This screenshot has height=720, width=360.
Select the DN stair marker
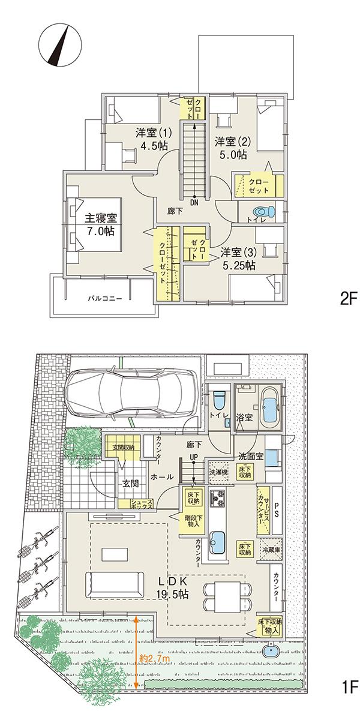(194, 202)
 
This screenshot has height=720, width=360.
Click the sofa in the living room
(114, 583)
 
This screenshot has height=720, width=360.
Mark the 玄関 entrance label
(131, 482)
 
